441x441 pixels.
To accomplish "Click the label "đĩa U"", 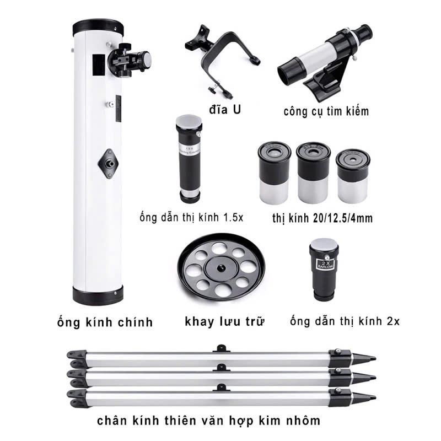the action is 225,109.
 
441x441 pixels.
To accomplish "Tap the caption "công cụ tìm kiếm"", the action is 326,111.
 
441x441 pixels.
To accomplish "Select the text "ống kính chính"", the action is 105,322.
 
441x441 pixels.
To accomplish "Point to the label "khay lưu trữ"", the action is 224,321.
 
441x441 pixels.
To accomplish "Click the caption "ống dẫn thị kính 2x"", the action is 345,321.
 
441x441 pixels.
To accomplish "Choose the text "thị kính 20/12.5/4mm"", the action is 322,218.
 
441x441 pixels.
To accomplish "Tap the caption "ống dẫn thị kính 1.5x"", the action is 191,217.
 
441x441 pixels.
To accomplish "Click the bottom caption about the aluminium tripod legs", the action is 209,421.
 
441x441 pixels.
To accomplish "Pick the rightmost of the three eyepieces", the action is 353,176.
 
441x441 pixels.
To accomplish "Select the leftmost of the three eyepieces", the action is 274,173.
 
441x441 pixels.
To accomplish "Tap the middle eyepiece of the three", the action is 313,173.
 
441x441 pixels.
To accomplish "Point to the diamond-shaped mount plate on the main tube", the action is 108,164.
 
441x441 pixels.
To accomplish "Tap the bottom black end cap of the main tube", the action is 98,295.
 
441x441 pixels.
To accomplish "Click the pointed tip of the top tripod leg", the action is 375,358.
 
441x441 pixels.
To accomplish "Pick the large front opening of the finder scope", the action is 291,71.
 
